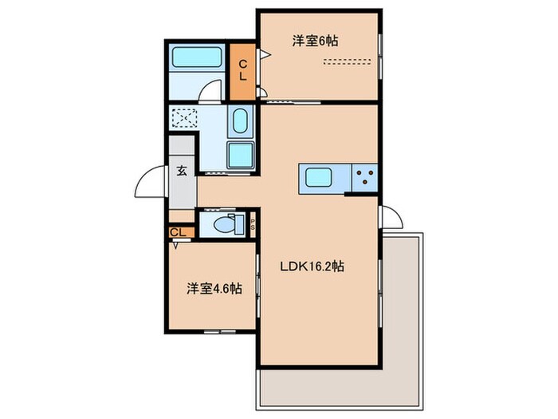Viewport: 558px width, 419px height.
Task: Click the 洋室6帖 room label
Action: (x=314, y=41)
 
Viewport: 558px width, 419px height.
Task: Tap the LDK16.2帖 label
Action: (x=311, y=268)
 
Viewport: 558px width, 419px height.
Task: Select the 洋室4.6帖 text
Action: (x=214, y=288)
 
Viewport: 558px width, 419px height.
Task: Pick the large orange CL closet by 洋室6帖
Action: (x=244, y=70)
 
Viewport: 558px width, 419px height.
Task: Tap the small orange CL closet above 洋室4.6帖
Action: (x=179, y=232)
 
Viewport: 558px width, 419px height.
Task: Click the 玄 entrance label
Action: (x=182, y=170)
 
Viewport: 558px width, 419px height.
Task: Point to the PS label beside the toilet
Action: (x=253, y=224)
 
